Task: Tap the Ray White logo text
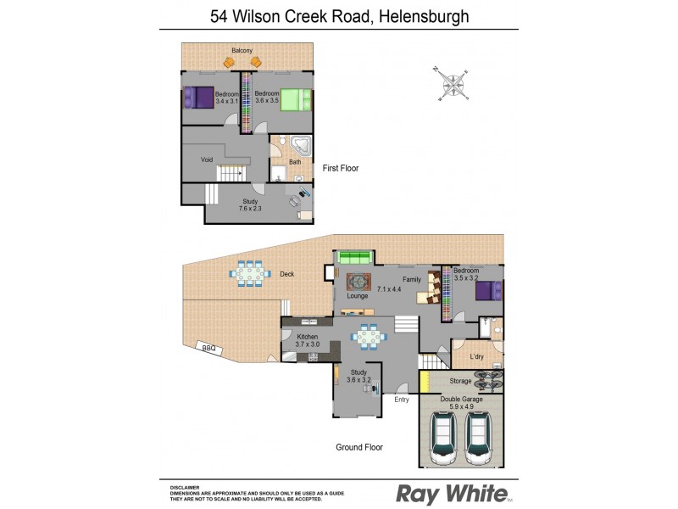453,493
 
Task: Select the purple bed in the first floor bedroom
200,98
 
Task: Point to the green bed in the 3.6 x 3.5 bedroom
296,100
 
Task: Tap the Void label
207,159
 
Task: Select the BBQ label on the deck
205,348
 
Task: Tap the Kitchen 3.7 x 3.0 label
307,340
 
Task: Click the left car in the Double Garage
442,437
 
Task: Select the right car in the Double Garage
481,437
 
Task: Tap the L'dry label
477,356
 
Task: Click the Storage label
461,381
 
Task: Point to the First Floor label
341,168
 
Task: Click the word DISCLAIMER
185,487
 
